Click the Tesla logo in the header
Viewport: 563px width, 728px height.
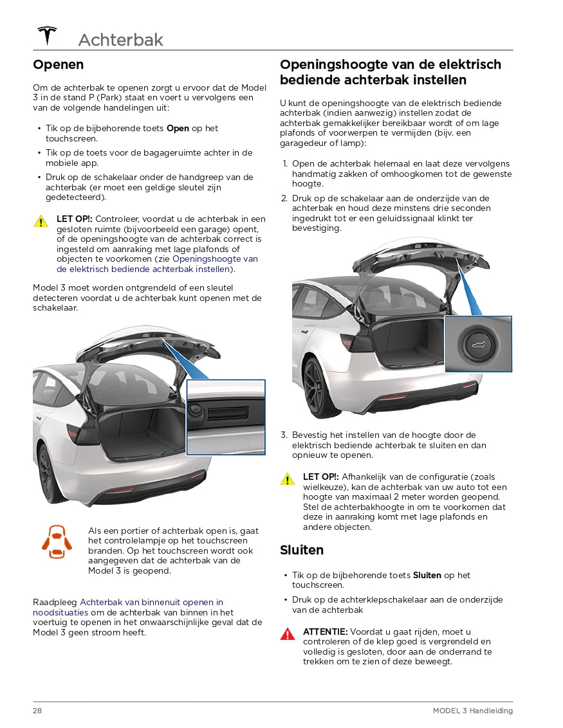(47, 35)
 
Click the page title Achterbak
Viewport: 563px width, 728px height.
(120, 40)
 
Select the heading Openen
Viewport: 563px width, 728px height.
(58, 64)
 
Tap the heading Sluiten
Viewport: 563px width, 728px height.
(301, 550)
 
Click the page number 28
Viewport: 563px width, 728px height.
(37, 711)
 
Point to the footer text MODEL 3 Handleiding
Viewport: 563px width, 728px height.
(472, 711)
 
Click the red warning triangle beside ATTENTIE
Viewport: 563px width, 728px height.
(287, 634)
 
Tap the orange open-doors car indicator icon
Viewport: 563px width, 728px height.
(57, 541)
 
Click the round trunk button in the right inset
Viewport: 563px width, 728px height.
(478, 345)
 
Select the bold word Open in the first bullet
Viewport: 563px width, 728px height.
(178, 129)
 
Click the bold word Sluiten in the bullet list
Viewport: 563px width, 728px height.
(427, 576)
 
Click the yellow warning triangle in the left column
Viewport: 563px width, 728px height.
(41, 221)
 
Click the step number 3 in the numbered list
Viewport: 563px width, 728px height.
(284, 435)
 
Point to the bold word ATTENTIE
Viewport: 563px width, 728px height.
(325, 632)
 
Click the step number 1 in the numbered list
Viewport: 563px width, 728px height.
(284, 164)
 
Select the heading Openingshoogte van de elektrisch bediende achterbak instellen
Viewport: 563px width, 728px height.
(390, 72)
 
